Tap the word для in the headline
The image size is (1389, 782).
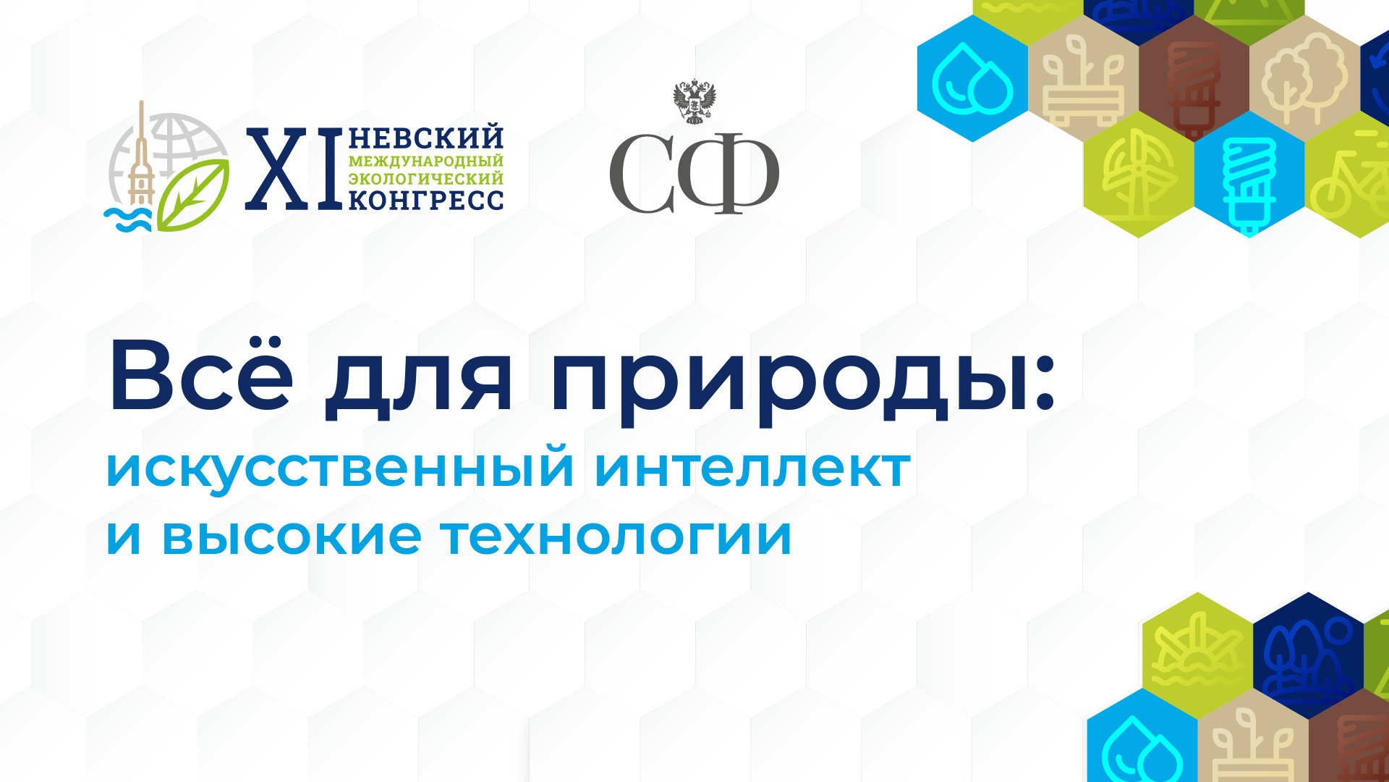(417, 384)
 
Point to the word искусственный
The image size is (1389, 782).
(340, 469)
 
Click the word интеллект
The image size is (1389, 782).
(752, 469)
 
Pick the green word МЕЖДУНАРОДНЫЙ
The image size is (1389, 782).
(426, 161)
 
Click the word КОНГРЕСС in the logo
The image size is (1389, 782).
(426, 200)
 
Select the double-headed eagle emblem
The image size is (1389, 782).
(694, 102)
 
